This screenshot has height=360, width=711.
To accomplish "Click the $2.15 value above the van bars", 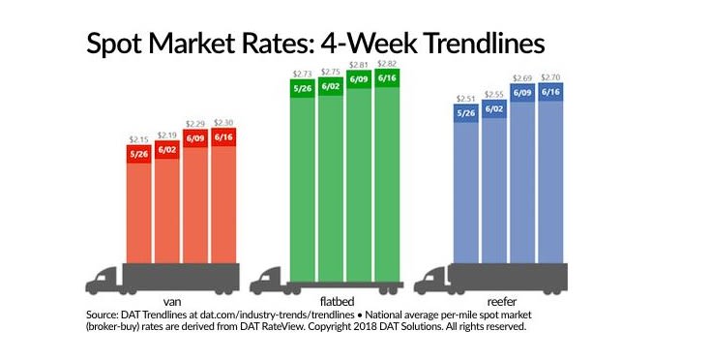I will pyautogui.click(x=137, y=141).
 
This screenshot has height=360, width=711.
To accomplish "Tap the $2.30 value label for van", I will pyautogui.click(x=223, y=123).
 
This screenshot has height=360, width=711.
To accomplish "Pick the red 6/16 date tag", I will pyautogui.click(x=223, y=136).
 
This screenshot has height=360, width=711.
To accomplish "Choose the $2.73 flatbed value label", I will pyautogui.click(x=303, y=75).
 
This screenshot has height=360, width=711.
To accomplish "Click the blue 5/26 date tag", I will pyautogui.click(x=467, y=111).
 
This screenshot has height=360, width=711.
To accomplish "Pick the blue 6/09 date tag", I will pyautogui.click(x=524, y=93).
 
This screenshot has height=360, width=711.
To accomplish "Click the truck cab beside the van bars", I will pyautogui.click(x=103, y=280).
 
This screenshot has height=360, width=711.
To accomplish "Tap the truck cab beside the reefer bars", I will pyautogui.click(x=431, y=280).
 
